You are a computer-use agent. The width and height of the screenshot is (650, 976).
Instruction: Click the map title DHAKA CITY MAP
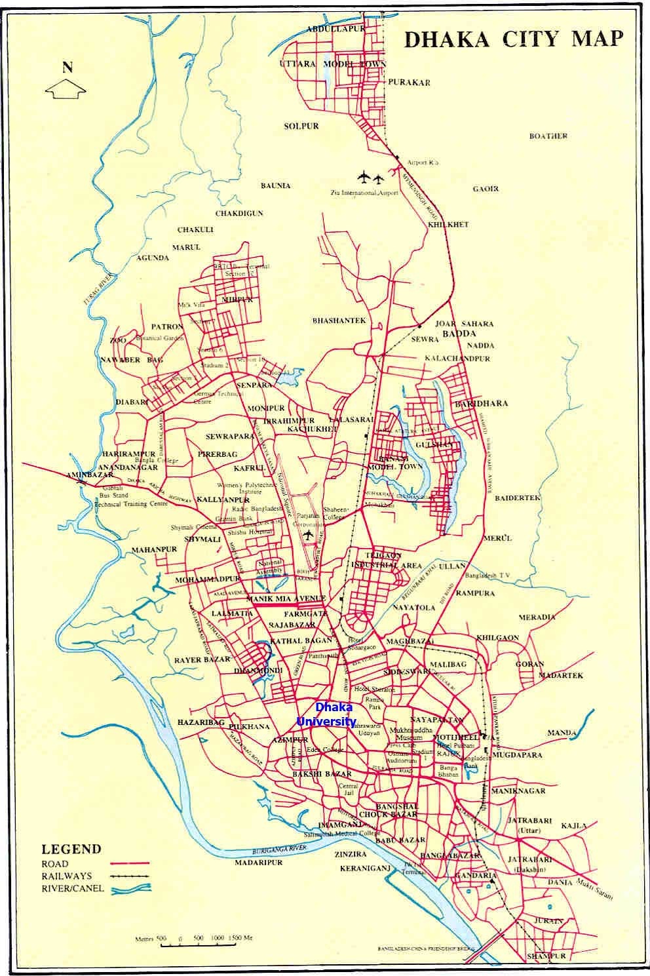513,39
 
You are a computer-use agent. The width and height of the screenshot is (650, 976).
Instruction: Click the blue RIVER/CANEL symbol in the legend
131,889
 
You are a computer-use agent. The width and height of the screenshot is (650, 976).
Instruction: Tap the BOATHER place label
548,136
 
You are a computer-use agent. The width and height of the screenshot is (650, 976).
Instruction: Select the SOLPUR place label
301,126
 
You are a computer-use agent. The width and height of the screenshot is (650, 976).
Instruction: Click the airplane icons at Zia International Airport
370,177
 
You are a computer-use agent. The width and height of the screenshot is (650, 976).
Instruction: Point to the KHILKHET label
448,225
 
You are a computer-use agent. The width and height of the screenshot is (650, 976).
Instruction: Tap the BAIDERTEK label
518,498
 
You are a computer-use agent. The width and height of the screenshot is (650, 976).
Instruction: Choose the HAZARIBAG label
201,722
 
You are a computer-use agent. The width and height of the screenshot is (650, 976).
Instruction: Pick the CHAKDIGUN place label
239,214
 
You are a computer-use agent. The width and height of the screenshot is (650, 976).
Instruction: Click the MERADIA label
537,617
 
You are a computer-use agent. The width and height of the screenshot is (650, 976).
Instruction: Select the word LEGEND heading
71,849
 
